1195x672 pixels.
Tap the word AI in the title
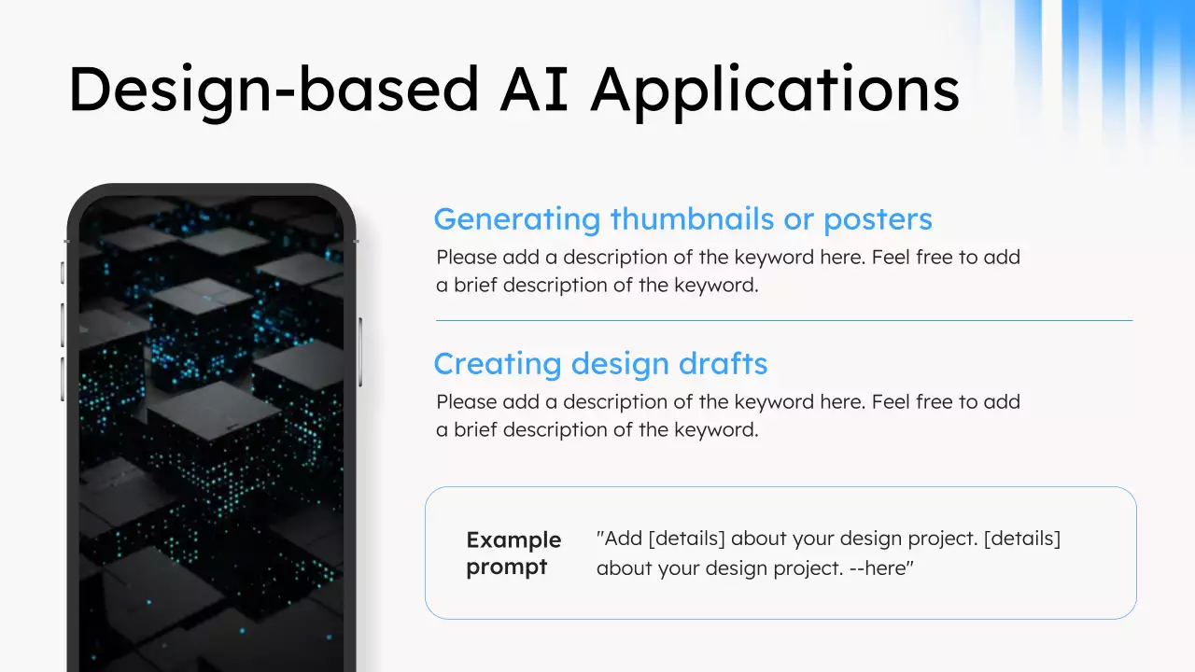point(533,88)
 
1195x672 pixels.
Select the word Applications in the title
point(775,91)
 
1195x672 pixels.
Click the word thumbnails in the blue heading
point(692,218)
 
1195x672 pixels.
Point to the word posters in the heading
point(878,220)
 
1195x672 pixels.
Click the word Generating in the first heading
point(517,220)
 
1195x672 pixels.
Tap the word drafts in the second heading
point(723,364)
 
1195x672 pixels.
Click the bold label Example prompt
point(513,553)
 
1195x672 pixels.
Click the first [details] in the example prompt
point(686,539)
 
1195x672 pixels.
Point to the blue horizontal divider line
point(784,320)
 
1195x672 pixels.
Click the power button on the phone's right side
point(360,352)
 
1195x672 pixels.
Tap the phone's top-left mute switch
point(63,273)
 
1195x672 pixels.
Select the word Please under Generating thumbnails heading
point(466,257)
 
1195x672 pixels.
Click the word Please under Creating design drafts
point(466,401)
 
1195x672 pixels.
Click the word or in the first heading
point(798,219)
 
